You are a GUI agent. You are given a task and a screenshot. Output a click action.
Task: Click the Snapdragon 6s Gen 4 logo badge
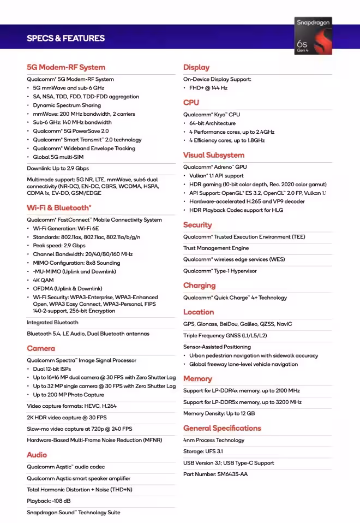(313, 35)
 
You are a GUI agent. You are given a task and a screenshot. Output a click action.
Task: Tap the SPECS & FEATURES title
(65, 38)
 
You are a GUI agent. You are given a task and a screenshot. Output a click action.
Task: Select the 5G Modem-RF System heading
(66, 67)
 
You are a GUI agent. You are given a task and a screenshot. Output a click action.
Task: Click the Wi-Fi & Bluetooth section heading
(59, 207)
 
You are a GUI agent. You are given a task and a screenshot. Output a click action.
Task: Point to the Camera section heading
(41, 348)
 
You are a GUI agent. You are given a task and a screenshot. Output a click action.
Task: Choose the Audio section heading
(37, 455)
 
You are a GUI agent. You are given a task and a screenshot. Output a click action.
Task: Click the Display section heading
(196, 67)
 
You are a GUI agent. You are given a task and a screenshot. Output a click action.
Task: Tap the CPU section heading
(191, 103)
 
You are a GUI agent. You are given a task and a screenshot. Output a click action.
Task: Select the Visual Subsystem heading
(214, 155)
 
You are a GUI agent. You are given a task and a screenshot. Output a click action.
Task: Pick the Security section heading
(197, 225)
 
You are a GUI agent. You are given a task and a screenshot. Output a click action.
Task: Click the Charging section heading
(200, 286)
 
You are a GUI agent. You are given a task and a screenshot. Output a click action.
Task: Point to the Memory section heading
(197, 379)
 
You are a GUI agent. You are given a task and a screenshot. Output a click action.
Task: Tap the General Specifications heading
(222, 428)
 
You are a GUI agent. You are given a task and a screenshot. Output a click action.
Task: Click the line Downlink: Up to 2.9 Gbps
(58, 168)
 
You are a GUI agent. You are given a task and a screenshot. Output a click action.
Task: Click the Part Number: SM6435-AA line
(215, 474)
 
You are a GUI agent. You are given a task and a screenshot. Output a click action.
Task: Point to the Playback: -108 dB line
(49, 501)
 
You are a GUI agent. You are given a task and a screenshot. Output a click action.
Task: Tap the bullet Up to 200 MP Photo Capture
(68, 395)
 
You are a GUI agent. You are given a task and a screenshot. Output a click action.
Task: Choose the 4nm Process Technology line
(214, 440)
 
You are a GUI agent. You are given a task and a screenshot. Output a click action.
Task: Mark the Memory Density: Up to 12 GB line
(219, 413)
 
